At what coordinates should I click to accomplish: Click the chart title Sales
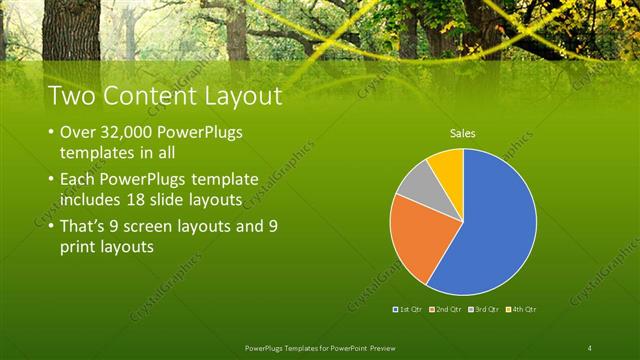(462, 132)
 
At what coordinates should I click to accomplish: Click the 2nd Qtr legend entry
(446, 310)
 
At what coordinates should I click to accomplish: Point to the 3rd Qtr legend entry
(483, 310)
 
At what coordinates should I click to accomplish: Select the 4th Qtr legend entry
(520, 310)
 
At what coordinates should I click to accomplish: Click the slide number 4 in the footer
(590, 347)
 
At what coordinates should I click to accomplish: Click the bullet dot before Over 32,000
(51, 133)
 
